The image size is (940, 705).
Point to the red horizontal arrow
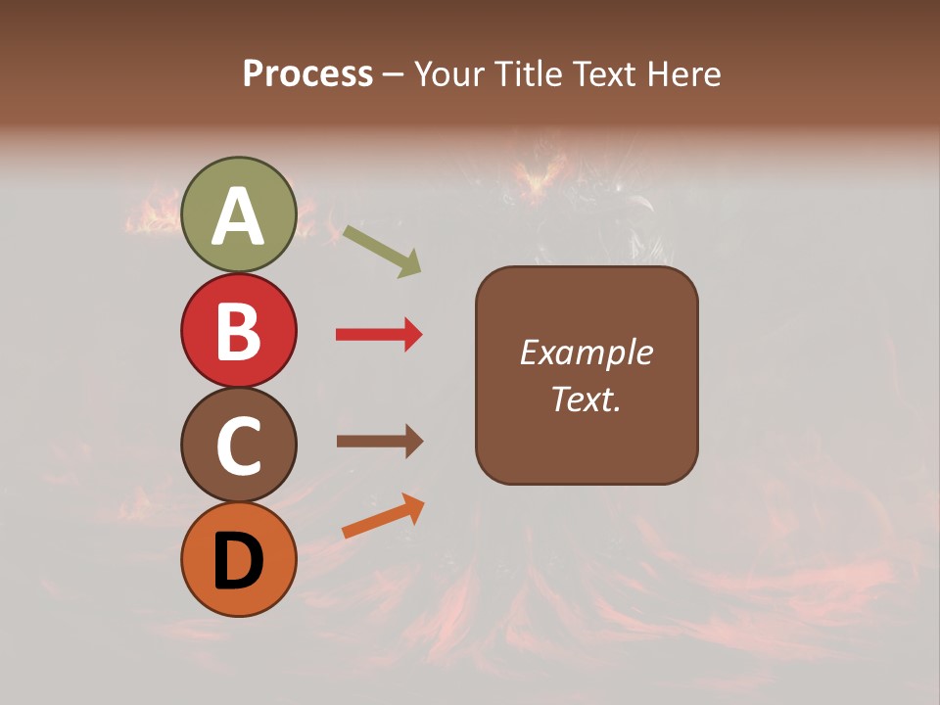[x=379, y=335]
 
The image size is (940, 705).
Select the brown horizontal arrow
[x=379, y=442]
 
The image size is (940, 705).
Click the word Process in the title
[x=307, y=74]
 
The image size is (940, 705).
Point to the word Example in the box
[x=586, y=352]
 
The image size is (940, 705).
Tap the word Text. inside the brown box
[x=586, y=399]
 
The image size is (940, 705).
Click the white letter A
[x=238, y=216]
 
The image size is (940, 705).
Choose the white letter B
[x=238, y=332]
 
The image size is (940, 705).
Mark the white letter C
[x=238, y=446]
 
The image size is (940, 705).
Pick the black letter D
[x=238, y=561]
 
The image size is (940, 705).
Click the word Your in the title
[x=451, y=74]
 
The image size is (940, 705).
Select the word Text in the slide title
[x=604, y=74]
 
